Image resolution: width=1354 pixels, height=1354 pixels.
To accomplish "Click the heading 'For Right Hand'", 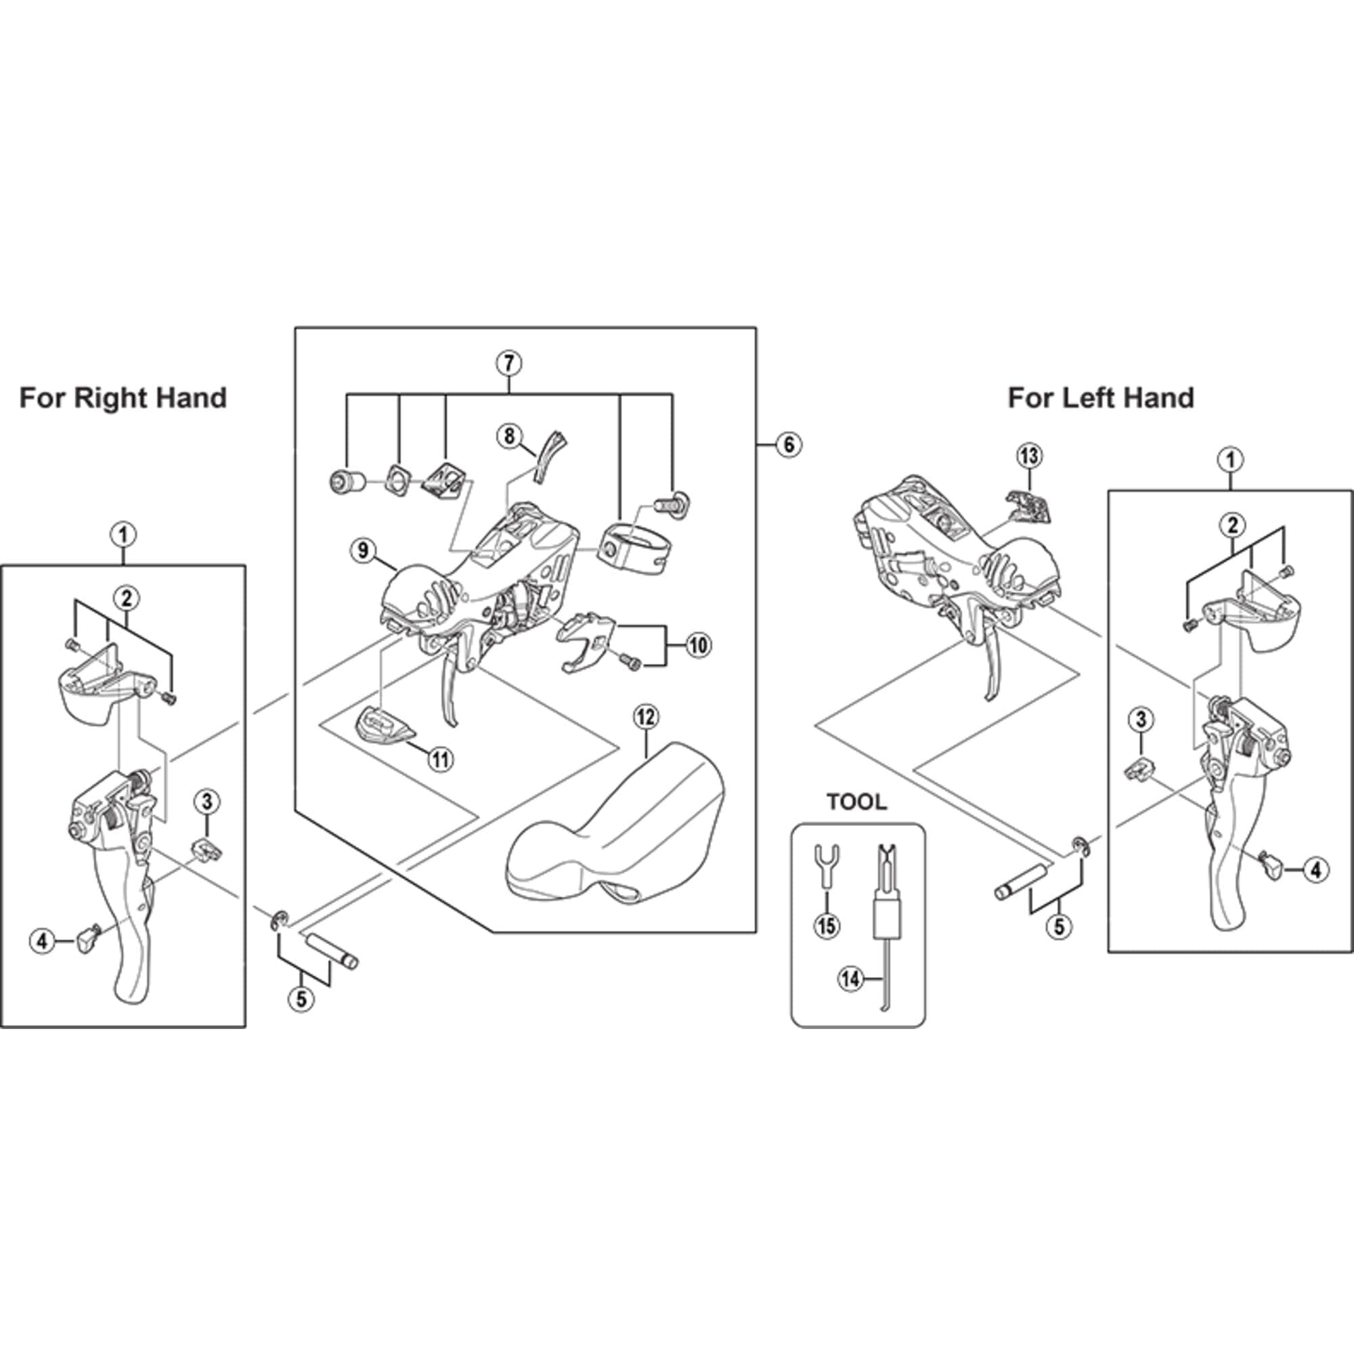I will pyautogui.click(x=123, y=398).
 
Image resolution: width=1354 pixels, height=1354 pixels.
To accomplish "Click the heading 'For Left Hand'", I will pyautogui.click(x=1101, y=398).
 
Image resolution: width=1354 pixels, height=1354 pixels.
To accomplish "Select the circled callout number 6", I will pyautogui.click(x=789, y=444).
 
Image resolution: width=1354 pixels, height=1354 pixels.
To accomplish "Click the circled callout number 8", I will pyautogui.click(x=510, y=437).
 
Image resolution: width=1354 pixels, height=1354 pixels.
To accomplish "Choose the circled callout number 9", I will pyautogui.click(x=363, y=550).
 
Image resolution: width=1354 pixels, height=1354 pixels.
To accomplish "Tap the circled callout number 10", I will pyautogui.click(x=698, y=645).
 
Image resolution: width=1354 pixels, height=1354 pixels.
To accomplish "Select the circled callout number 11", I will pyautogui.click(x=440, y=759).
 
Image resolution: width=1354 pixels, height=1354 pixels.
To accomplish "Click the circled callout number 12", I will pyautogui.click(x=645, y=717).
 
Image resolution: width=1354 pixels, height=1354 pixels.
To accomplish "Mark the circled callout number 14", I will pyautogui.click(x=851, y=980).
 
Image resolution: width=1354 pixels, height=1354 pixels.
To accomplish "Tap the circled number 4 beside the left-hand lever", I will pyautogui.click(x=1315, y=871).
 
